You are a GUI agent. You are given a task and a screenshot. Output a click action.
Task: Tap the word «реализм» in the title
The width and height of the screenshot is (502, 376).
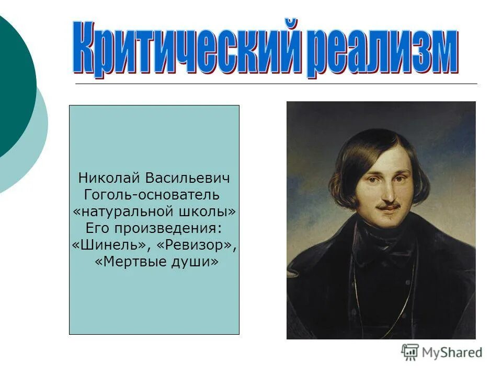[x=382, y=51]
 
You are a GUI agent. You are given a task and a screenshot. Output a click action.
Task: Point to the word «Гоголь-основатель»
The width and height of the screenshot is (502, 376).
[x=151, y=195]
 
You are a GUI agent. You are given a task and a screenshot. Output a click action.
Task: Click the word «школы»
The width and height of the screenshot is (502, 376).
[x=212, y=211]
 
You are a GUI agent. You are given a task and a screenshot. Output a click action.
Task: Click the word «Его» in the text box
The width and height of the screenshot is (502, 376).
[x=96, y=228]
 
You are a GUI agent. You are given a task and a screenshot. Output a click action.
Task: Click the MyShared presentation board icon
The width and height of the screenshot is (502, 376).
[x=410, y=352]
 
